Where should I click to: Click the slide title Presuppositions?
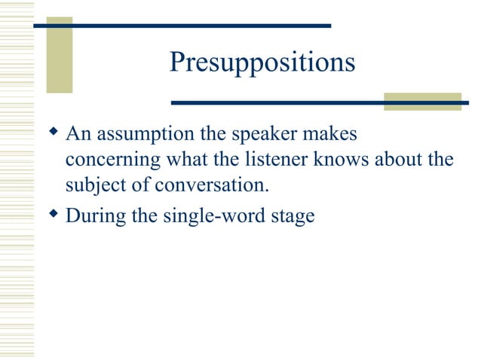click(262, 63)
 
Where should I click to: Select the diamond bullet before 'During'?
click(52, 215)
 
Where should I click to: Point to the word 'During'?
click(92, 217)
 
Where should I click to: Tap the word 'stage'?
click(290, 217)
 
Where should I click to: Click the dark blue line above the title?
click(182, 26)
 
